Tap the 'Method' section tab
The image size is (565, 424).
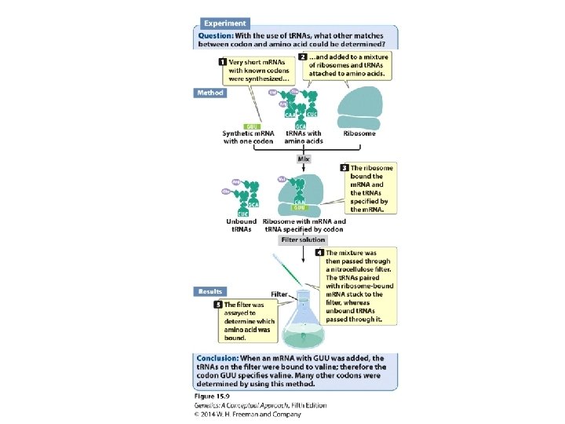click(210, 93)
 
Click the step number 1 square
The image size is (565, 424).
click(223, 61)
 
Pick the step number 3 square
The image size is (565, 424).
click(344, 168)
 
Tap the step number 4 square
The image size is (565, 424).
click(319, 253)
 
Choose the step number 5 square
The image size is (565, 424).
click(218, 303)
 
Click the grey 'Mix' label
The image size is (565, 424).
click(304, 158)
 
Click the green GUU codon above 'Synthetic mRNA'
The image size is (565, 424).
click(253, 126)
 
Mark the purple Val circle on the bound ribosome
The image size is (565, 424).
click(282, 180)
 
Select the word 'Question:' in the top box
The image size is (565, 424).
click(214, 35)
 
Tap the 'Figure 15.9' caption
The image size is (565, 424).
click(213, 397)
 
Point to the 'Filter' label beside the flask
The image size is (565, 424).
click(281, 294)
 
